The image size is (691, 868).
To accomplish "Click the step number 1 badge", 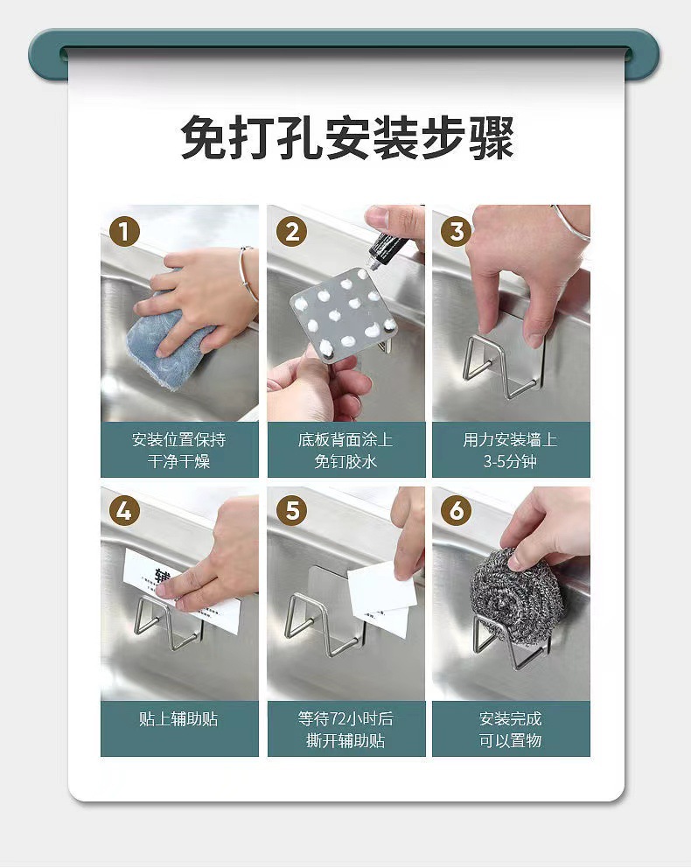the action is (124, 231).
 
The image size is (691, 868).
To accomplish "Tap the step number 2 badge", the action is (291, 231).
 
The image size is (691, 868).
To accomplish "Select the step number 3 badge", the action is (456, 231).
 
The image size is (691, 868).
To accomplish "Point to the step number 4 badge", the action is (124, 510).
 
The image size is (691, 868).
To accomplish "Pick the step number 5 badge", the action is (291, 510).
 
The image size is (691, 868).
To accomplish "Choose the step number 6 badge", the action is (456, 510).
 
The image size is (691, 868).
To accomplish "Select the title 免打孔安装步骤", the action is (347, 138).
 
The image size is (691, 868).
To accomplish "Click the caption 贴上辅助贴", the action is (178, 719).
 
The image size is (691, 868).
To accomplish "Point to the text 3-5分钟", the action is (510, 461).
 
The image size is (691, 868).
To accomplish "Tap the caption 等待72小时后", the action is (345, 718).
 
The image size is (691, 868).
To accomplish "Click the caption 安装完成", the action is (510, 718).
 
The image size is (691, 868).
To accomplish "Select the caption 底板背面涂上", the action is (345, 439).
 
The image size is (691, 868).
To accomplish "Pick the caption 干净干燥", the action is (178, 461).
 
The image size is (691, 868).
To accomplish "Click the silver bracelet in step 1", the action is (247, 275).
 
